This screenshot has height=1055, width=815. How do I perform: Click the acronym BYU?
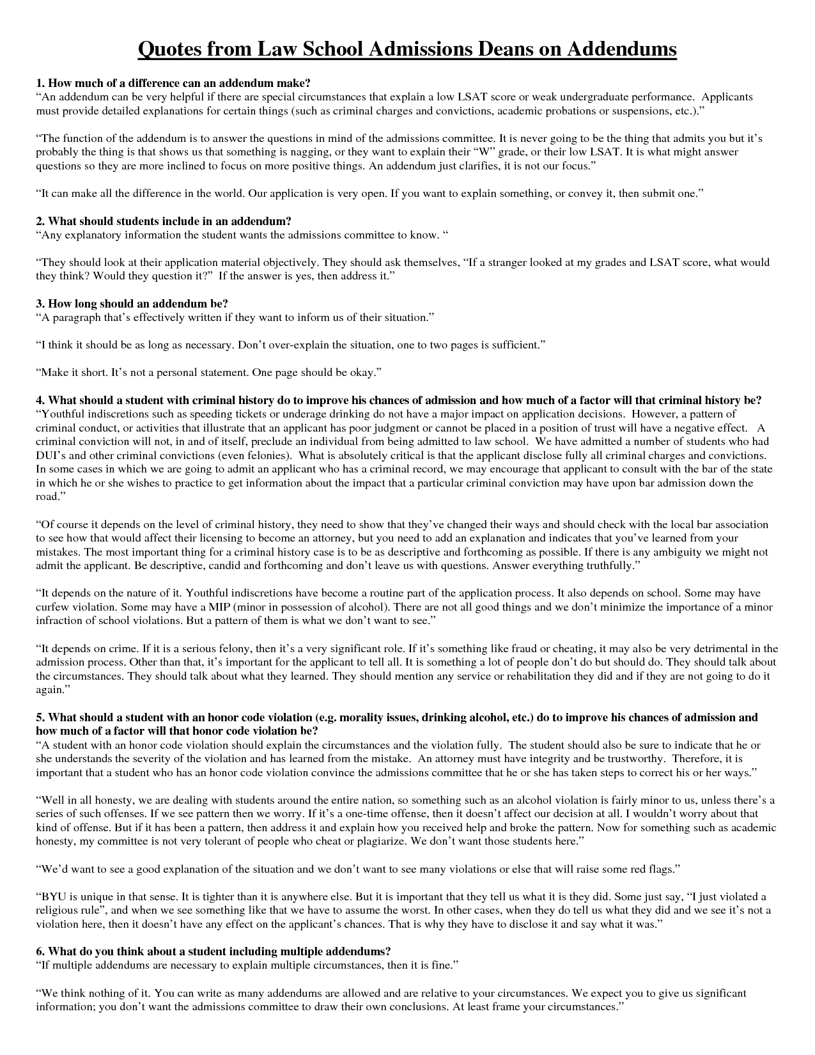[x=53, y=896]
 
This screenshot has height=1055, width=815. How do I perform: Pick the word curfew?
[x=52, y=607]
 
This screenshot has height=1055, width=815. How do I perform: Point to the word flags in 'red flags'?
[x=658, y=869]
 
